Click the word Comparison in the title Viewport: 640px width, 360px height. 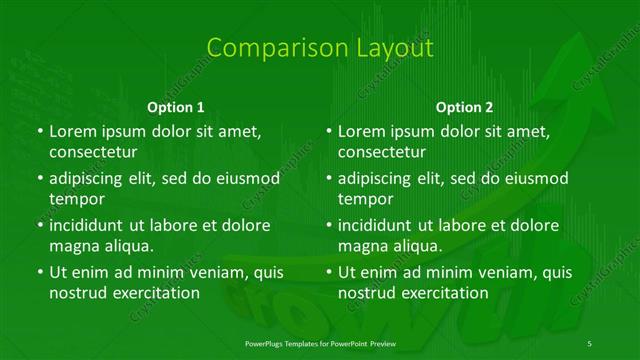[x=265, y=47]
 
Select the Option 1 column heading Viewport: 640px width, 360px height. [x=175, y=106]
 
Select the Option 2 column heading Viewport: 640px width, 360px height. [x=464, y=106]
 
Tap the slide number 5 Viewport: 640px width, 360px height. [x=590, y=343]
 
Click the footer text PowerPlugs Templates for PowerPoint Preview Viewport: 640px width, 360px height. [x=320, y=343]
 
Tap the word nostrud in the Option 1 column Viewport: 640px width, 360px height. [x=76, y=293]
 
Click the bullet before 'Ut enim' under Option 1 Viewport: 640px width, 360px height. [x=39, y=272]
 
